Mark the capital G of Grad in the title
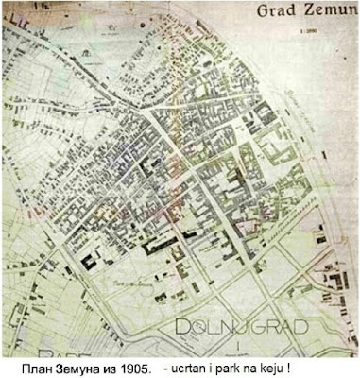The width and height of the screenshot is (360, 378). click(259, 13)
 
